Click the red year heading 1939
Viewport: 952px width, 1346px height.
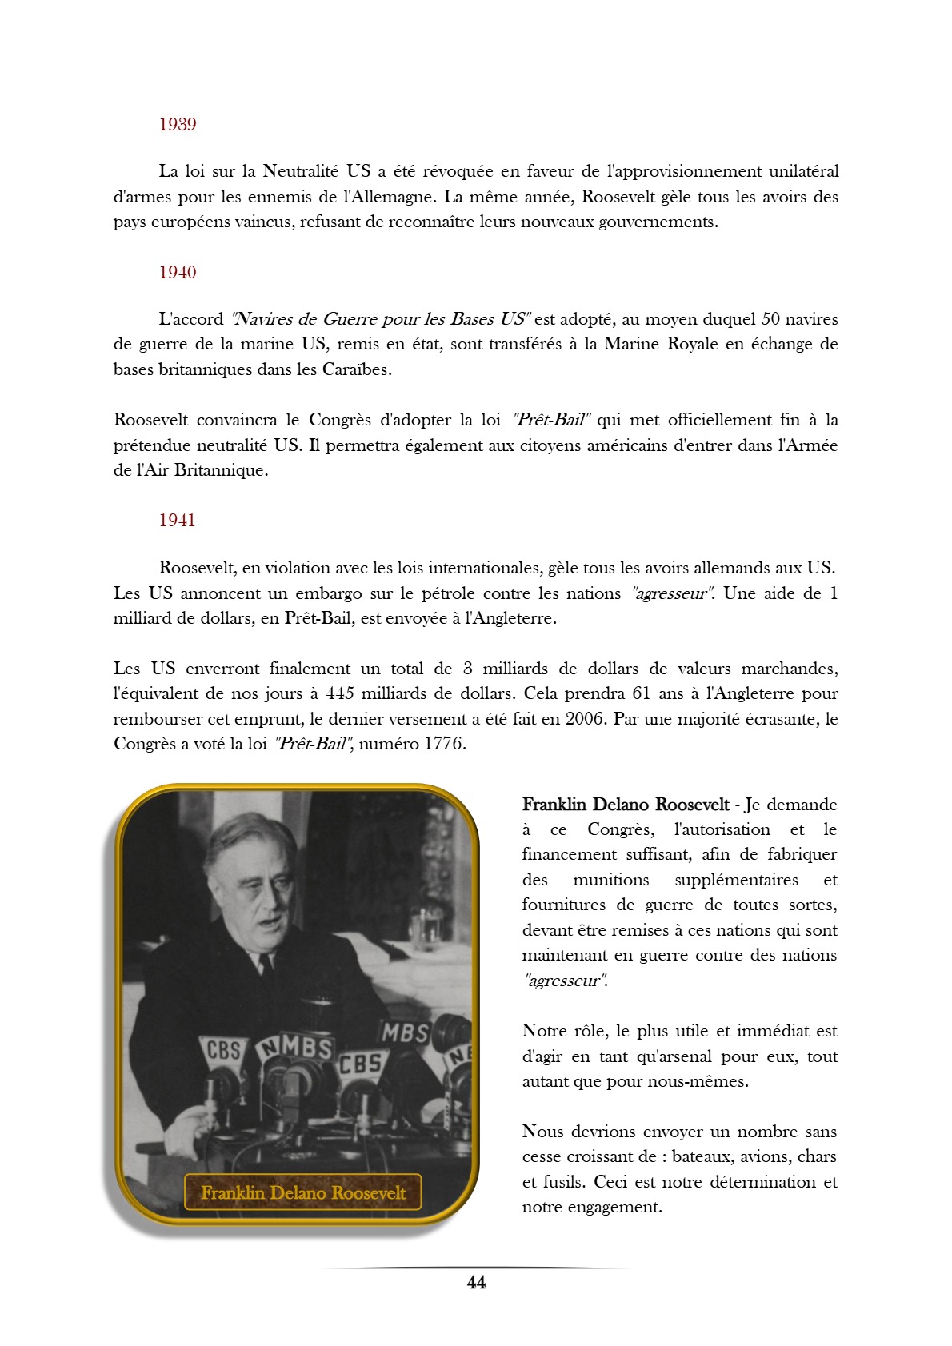click(x=177, y=124)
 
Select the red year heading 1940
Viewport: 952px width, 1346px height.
click(x=177, y=272)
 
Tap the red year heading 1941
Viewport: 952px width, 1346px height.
click(x=177, y=520)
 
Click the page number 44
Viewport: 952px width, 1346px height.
click(x=476, y=1283)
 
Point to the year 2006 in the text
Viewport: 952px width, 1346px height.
click(x=586, y=718)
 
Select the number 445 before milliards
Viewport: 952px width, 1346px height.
click(x=340, y=693)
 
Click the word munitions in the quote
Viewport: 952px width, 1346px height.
click(x=611, y=880)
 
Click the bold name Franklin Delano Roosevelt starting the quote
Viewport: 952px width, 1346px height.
click(x=626, y=805)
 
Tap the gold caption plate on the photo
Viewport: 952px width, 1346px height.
click(x=303, y=1192)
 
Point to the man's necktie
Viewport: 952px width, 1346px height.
click(x=266, y=964)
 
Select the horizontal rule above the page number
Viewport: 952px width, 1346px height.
click(x=476, y=1268)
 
